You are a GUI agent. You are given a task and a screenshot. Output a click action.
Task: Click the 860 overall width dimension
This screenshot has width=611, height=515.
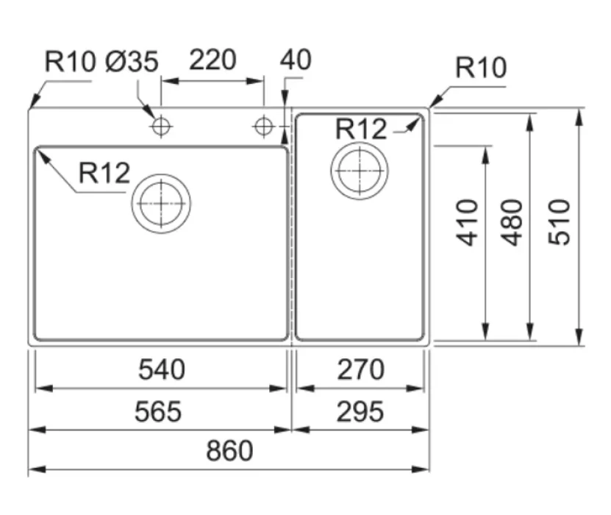click(x=229, y=451)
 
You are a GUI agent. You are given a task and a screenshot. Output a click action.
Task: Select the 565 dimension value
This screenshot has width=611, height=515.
click(x=158, y=412)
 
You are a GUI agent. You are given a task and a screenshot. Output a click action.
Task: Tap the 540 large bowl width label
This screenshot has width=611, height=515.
click(x=162, y=369)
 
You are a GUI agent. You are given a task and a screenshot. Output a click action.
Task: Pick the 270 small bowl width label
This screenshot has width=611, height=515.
click(x=360, y=369)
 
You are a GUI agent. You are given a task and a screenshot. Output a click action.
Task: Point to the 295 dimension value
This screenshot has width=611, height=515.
click(x=360, y=412)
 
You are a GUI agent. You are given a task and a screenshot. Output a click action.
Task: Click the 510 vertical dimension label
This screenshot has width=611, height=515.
click(x=559, y=222)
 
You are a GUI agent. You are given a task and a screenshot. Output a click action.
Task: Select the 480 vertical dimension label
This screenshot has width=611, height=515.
click(x=512, y=223)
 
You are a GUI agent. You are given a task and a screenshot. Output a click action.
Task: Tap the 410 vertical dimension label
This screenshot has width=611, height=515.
click(x=467, y=223)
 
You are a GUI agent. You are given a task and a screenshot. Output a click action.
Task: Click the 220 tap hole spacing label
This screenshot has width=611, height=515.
click(x=212, y=60)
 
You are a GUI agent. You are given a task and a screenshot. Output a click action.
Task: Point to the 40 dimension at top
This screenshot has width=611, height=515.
click(x=296, y=60)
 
